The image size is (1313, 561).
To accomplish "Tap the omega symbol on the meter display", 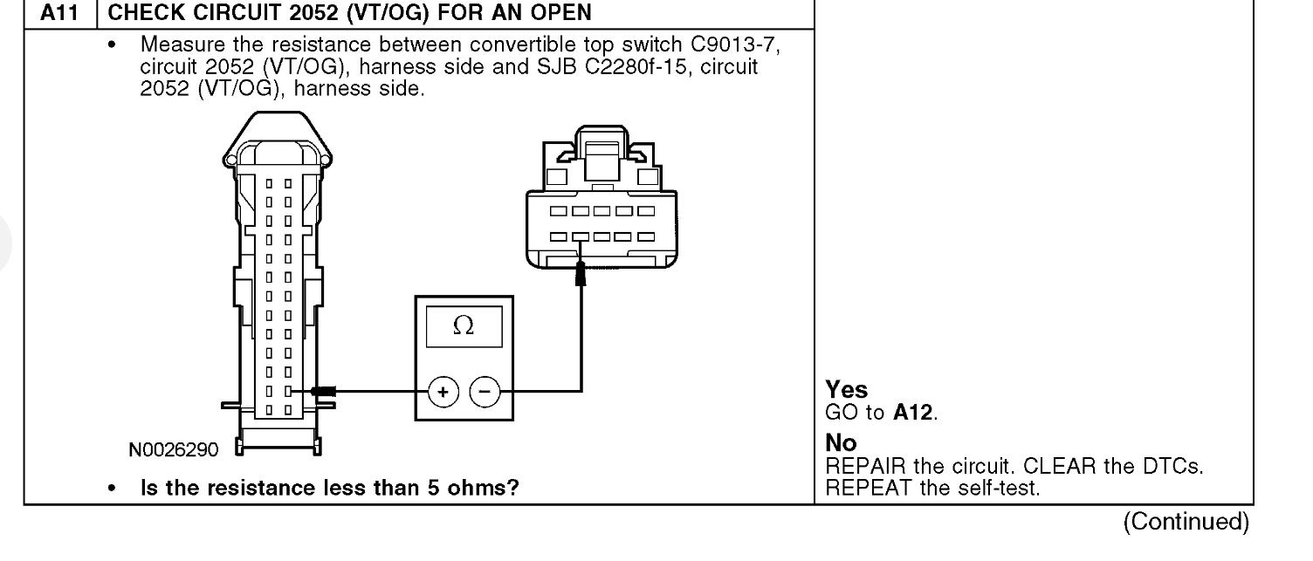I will [464, 325].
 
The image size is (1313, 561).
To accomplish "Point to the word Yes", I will [840, 393].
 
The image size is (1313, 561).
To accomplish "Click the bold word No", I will [836, 445].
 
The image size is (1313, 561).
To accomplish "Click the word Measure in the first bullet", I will [175, 44].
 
